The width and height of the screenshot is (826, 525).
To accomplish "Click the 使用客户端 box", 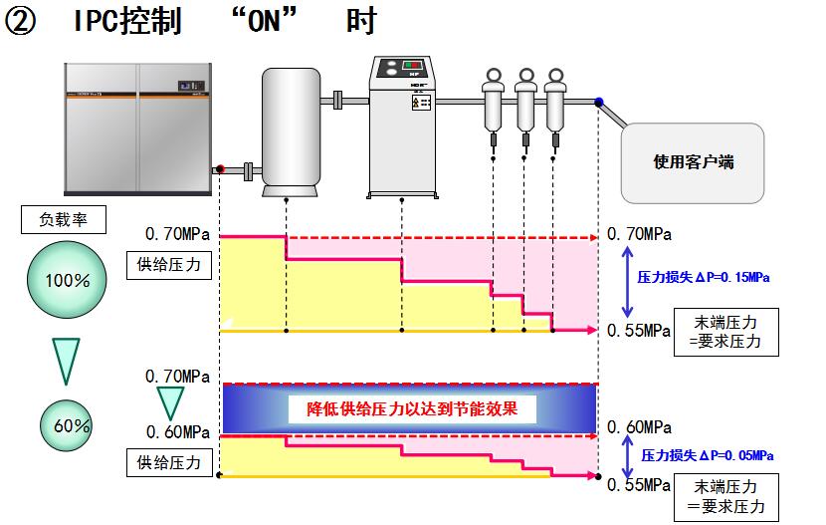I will tap(693, 162).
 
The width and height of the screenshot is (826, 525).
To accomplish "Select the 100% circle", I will tap(68, 280).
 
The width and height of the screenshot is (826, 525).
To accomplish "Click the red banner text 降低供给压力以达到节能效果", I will tap(412, 408).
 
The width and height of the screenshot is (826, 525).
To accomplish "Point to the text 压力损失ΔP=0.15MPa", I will tap(704, 278).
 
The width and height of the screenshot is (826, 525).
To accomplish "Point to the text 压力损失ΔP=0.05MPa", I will tap(707, 455).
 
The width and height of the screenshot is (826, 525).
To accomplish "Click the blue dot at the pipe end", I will tap(599, 101).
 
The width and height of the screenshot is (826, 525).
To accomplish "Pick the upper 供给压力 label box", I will tap(169, 266).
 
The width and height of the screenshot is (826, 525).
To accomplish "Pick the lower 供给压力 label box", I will tap(169, 462).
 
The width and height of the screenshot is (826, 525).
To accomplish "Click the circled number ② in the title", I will tap(22, 21).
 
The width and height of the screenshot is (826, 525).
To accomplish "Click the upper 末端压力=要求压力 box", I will tap(725, 332).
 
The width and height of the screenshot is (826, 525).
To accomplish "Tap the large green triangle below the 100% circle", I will tap(66, 360).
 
